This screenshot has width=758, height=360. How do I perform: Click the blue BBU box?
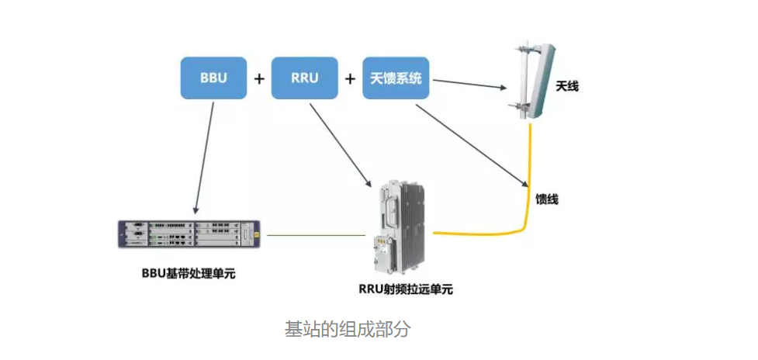(213, 78)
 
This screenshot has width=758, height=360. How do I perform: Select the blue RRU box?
(304, 78)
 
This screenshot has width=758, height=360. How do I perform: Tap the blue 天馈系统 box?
(396, 78)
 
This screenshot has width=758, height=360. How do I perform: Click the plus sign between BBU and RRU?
(259, 78)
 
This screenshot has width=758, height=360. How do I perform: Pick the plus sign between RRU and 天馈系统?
(351, 78)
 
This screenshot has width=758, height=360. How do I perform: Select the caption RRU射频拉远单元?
(405, 289)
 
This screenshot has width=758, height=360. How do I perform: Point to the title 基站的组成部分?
(347, 329)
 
